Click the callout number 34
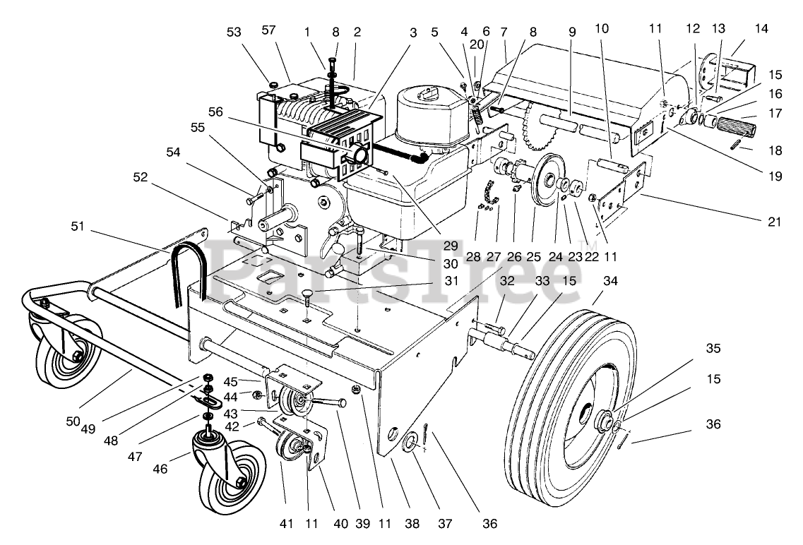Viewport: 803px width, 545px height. [610, 281]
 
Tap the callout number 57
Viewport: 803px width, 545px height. [269, 30]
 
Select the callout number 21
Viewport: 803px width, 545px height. [775, 222]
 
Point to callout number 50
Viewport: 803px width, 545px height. [73, 421]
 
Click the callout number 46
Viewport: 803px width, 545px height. [160, 468]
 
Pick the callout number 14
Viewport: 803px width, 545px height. [761, 29]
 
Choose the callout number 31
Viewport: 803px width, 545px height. [452, 281]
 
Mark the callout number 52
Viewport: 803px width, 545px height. [141, 177]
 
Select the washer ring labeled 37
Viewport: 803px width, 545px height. [411, 443]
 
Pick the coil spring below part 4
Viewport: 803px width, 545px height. [476, 117]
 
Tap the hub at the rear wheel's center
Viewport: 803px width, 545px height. [605, 422]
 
